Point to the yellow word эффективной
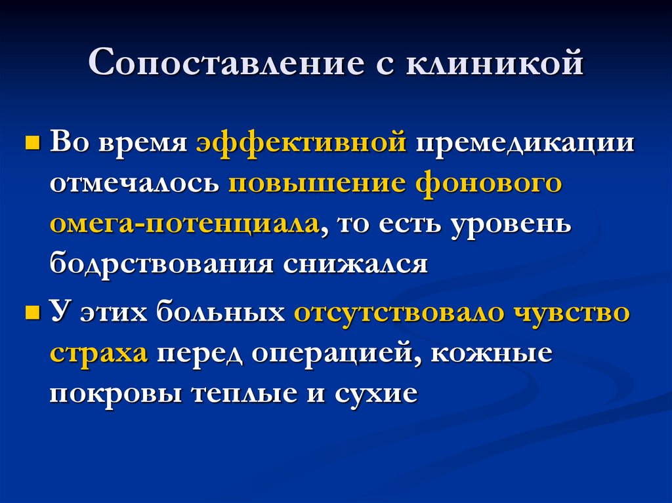click(x=301, y=144)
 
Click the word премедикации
click(x=523, y=144)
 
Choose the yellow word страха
click(x=98, y=354)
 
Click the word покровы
click(x=116, y=393)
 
